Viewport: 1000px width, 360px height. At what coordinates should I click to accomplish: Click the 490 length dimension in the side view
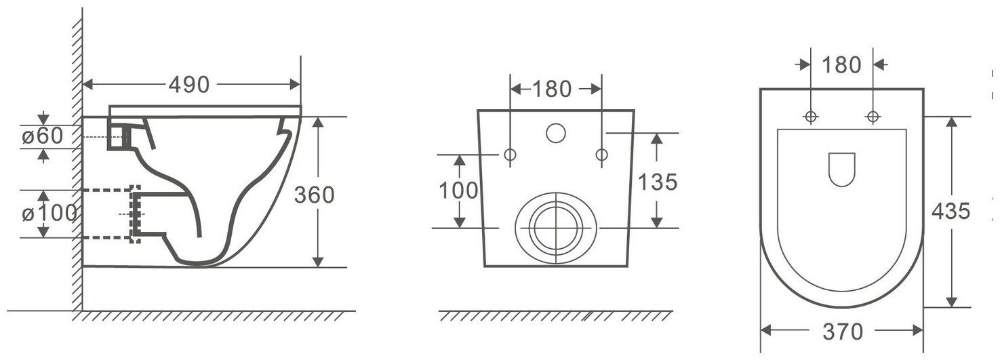189,85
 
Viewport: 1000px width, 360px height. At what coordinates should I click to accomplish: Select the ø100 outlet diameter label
49,214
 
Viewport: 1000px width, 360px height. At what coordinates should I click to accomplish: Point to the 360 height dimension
314,195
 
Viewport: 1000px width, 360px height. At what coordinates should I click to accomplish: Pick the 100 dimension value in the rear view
458,191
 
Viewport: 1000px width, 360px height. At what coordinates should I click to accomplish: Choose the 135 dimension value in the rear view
658,182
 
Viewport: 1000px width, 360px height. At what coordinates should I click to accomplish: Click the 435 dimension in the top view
951,212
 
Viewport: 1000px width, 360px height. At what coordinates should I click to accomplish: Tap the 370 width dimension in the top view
842,332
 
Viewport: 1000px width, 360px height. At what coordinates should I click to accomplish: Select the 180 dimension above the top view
841,65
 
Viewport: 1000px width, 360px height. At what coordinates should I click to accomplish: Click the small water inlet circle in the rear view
555,133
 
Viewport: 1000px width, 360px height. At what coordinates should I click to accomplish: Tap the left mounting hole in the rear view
510,155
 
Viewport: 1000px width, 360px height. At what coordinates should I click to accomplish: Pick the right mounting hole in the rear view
601,155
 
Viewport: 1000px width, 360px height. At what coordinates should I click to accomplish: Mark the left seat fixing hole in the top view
811,117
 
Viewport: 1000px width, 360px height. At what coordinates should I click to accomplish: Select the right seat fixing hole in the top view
873,117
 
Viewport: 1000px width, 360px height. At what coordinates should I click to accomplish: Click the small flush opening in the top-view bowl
842,169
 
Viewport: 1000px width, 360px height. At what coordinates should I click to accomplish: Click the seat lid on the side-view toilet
203,110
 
